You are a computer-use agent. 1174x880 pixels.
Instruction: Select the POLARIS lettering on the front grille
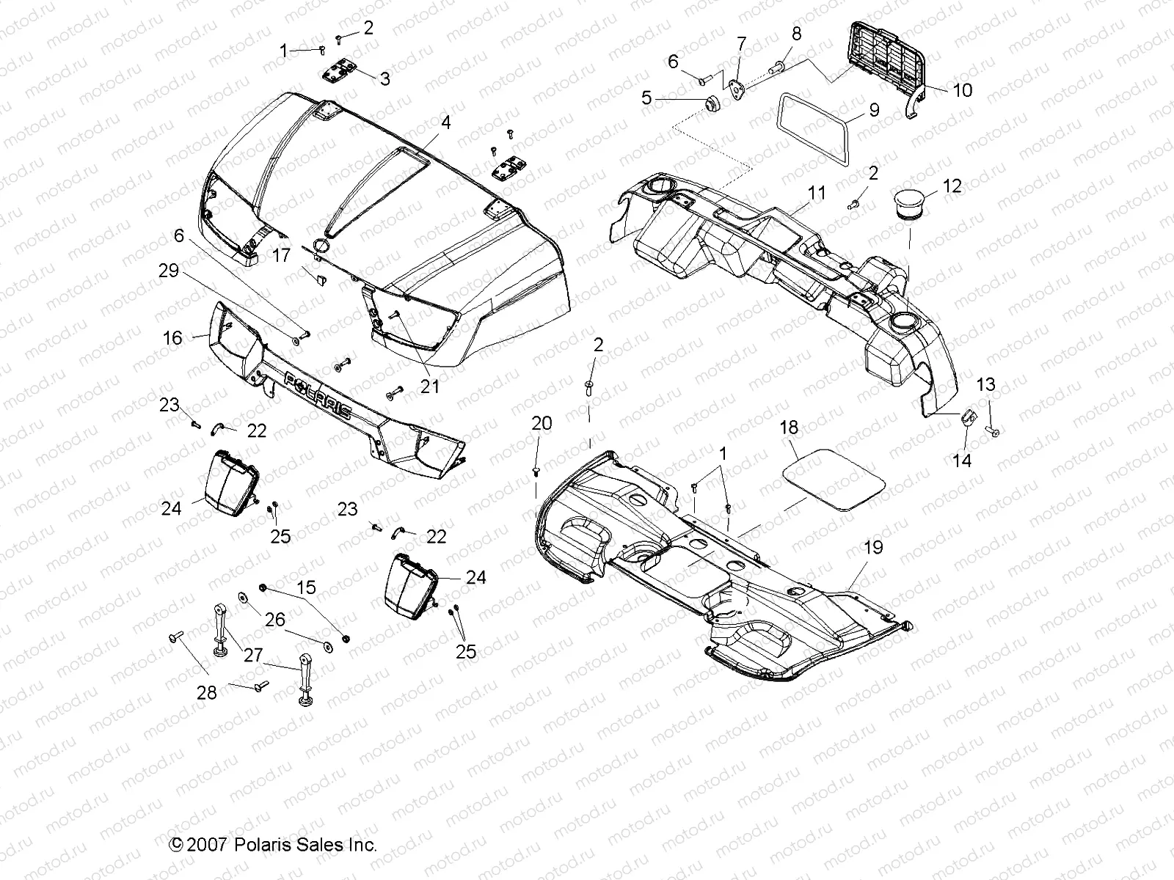[x=317, y=394]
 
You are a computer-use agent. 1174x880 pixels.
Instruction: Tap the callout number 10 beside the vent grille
[x=961, y=90]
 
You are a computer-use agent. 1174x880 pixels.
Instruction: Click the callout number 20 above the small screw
[x=542, y=424]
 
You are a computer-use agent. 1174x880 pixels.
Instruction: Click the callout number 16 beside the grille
[x=172, y=337]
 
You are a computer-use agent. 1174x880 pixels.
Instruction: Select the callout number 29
[x=168, y=271]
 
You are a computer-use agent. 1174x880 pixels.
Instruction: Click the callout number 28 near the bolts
[x=207, y=692]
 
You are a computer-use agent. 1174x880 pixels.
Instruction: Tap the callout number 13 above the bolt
[x=985, y=384]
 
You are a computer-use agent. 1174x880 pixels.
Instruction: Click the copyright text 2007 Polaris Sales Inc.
[x=273, y=844]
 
